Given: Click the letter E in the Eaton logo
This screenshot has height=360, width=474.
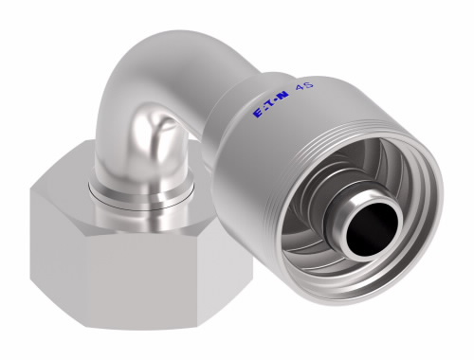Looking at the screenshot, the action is (258, 114).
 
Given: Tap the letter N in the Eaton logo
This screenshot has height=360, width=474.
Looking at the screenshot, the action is (283, 96).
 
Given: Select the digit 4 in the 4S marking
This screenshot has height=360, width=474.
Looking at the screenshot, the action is (299, 88).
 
